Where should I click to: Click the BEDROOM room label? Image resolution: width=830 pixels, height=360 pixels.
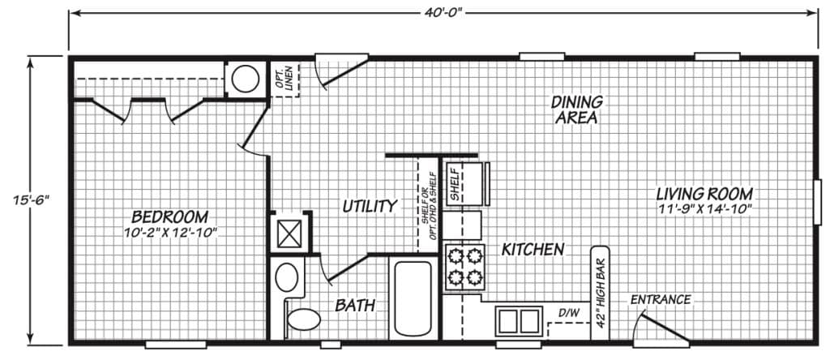(169, 217)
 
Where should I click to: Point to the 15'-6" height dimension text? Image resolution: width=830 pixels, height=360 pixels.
(31, 200)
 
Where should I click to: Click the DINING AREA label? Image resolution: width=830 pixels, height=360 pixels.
(576, 109)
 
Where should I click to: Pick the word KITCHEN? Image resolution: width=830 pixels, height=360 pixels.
(533, 250)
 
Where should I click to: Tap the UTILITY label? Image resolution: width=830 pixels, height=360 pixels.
(370, 206)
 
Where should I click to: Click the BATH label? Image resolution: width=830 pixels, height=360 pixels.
(355, 305)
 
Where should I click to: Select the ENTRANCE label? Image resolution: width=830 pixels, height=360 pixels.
(661, 300)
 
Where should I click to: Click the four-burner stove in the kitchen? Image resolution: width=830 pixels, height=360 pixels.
(464, 268)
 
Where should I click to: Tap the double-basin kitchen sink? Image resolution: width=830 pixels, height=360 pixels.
(519, 321)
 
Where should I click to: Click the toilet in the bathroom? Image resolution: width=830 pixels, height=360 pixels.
(300, 319)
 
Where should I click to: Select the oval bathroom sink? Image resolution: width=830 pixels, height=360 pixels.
(286, 276)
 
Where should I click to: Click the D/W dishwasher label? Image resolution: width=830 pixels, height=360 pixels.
(568, 313)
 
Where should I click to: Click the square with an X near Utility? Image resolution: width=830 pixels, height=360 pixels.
(289, 234)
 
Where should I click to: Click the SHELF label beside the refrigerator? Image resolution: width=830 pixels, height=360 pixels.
(455, 184)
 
